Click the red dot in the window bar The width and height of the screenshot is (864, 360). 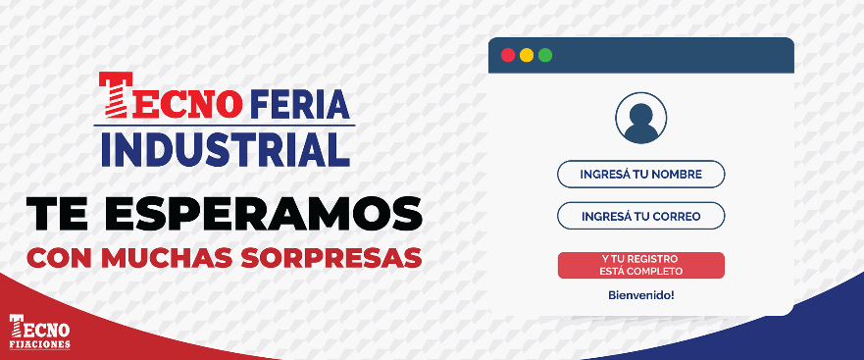pyautogui.click(x=508, y=55)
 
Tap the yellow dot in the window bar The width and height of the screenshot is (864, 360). pyautogui.click(x=527, y=55)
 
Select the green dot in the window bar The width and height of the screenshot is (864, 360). pyautogui.click(x=545, y=55)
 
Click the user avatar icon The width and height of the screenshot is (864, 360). pyautogui.click(x=640, y=118)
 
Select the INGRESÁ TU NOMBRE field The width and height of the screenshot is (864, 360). pyautogui.click(x=640, y=175)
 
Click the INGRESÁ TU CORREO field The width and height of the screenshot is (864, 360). pyautogui.click(x=640, y=216)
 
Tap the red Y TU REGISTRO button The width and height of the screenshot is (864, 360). pyautogui.click(x=640, y=265)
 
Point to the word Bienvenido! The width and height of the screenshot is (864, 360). pyautogui.click(x=640, y=295)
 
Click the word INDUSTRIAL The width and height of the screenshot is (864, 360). pyautogui.click(x=226, y=149)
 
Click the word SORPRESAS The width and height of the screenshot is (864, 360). pyautogui.click(x=331, y=258)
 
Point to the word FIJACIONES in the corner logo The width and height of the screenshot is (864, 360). pyautogui.click(x=39, y=344)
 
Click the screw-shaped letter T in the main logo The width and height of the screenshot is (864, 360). pyautogui.click(x=115, y=95)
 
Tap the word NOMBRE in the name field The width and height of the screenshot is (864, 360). pyautogui.click(x=677, y=175)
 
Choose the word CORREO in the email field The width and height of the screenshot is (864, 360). pyautogui.click(x=676, y=217)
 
